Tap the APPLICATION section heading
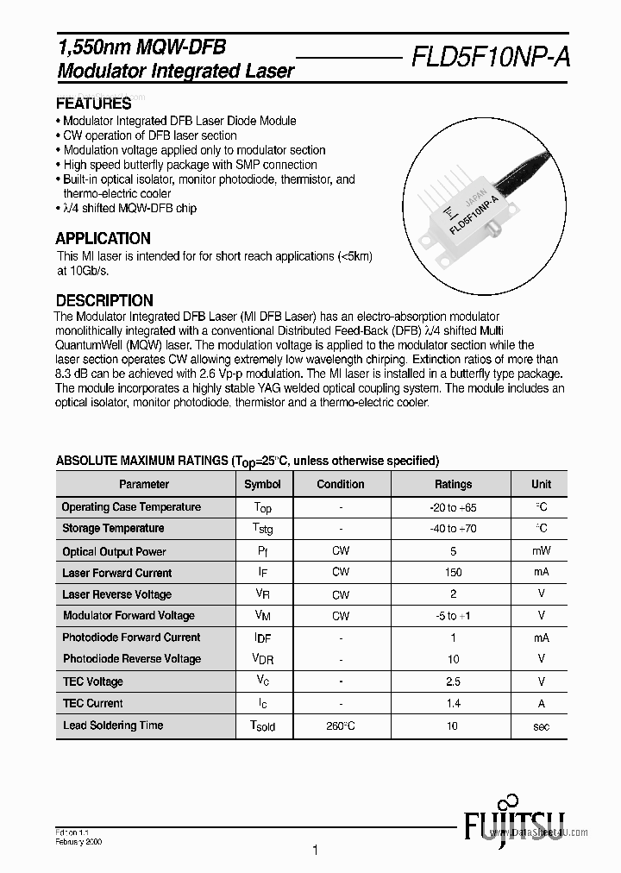click(103, 239)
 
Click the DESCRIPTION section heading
click(104, 301)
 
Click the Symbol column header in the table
click(262, 485)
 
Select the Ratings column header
click(453, 485)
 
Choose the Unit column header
click(541, 485)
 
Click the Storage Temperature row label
click(113, 528)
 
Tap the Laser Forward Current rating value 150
click(453, 573)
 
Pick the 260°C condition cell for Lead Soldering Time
click(341, 726)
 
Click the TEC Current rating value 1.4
click(453, 704)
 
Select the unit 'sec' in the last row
click(541, 726)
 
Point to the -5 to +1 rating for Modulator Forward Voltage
click(453, 616)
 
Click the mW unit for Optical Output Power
click(541, 551)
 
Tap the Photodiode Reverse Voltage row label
click(131, 659)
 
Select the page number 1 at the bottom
click(315, 851)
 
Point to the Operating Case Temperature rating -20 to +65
click(453, 507)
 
